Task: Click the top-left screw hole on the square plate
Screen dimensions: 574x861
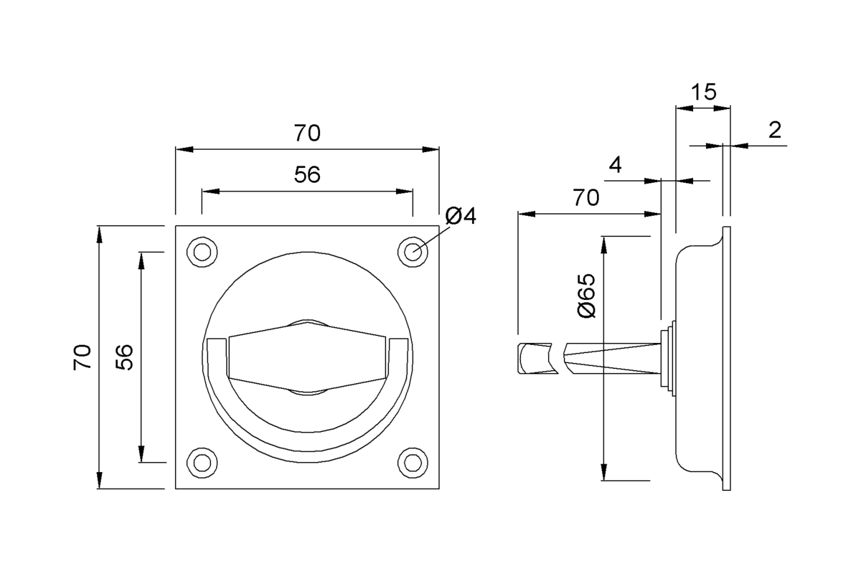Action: pos(202,252)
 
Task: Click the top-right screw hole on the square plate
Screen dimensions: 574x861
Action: pos(413,252)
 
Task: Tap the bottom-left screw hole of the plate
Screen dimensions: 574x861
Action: pos(202,463)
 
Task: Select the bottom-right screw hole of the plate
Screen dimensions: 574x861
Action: pos(413,463)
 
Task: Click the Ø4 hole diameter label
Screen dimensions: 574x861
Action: pos(460,216)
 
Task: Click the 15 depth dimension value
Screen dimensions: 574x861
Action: pos(703,92)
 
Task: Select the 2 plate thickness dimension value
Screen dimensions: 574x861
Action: pos(774,130)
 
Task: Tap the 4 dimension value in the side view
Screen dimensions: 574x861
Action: pos(614,165)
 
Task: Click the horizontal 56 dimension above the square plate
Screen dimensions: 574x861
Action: pos(307,175)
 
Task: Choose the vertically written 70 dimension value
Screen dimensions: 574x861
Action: pos(83,357)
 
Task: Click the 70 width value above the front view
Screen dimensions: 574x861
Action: pos(307,133)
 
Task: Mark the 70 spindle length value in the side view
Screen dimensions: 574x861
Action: pos(585,197)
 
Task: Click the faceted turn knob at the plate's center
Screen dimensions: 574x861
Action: pos(309,357)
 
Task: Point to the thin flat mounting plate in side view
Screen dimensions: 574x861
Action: pos(726,359)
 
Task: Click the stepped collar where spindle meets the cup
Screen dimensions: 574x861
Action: pos(668,358)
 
